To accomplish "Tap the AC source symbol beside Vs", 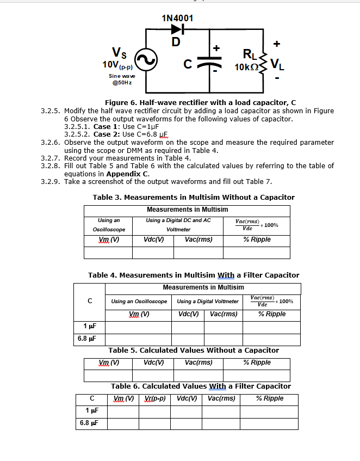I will pyautogui.click(x=146, y=60).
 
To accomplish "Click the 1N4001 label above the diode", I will pyautogui.click(x=177, y=18).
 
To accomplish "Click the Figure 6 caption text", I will pyautogui.click(x=201, y=103).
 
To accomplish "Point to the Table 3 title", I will pyautogui.click(x=194, y=197).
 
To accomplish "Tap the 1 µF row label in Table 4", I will pyautogui.click(x=90, y=327).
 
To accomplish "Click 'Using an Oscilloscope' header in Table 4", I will pyautogui.click(x=139, y=301).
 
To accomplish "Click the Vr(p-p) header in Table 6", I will pyautogui.click(x=154, y=398).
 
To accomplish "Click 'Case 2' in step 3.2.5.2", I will pyautogui.click(x=107, y=134).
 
